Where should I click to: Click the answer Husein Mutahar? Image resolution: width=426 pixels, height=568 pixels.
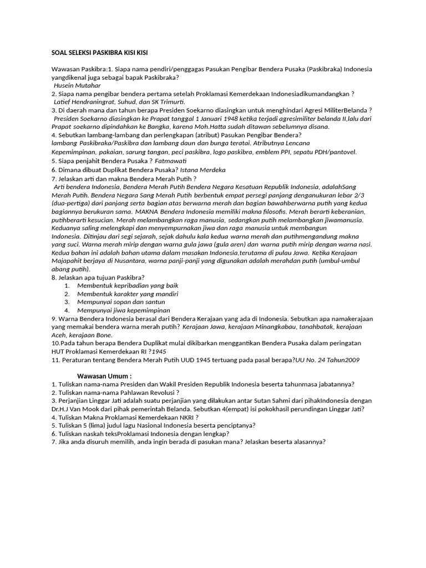(x=77, y=86)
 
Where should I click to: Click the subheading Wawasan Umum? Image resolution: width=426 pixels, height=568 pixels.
(x=104, y=376)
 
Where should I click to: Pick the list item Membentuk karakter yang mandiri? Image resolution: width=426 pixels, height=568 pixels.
(x=128, y=293)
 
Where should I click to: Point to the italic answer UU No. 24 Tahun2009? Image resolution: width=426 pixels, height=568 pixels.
(x=328, y=359)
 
